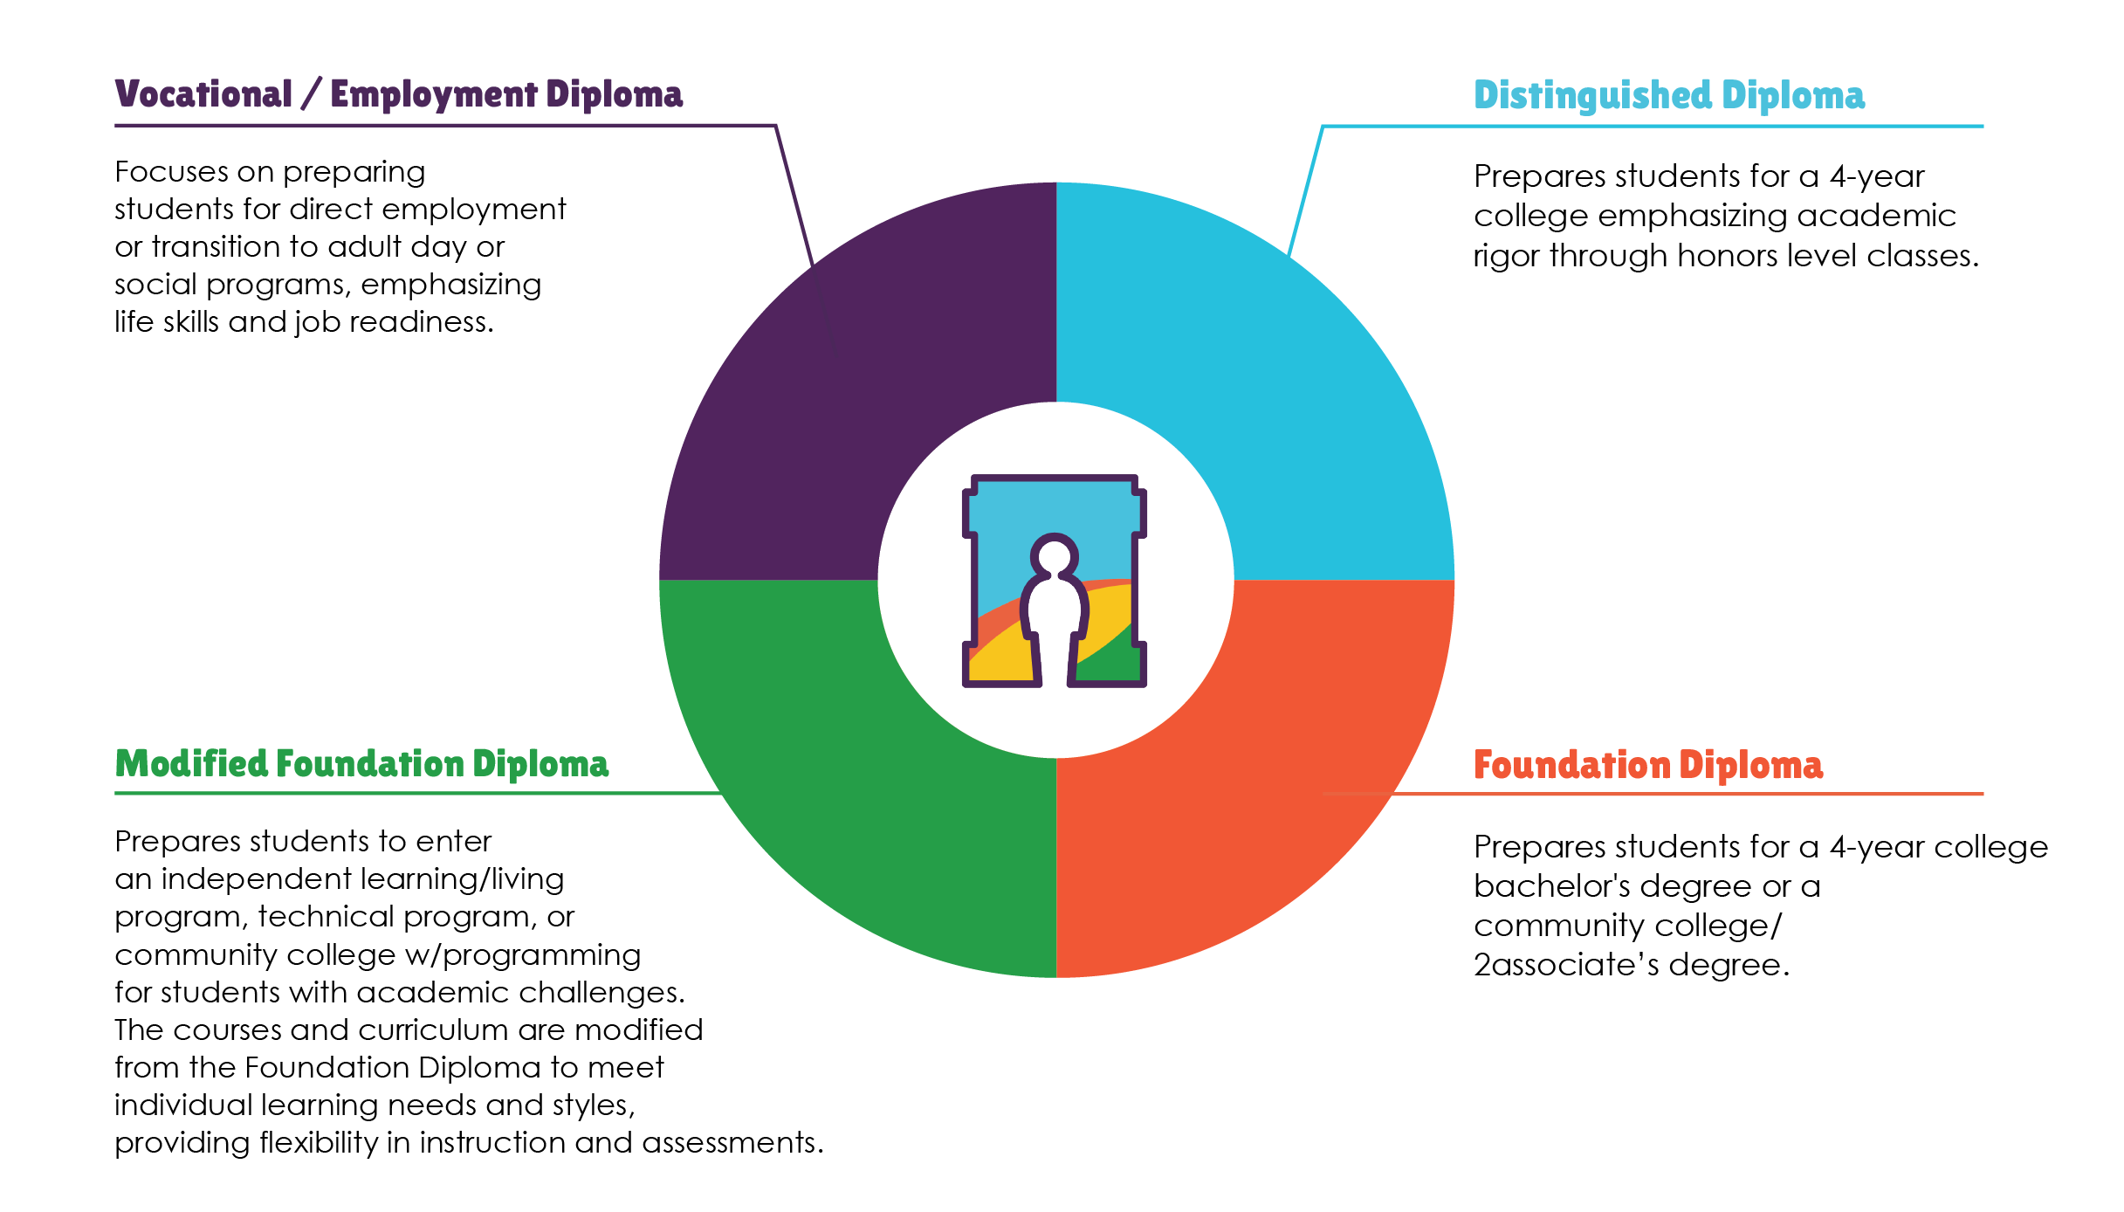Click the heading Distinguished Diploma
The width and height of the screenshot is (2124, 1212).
(x=1668, y=95)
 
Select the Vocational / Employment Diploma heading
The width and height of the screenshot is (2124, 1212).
(x=398, y=94)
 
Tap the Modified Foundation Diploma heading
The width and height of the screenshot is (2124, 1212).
(x=361, y=764)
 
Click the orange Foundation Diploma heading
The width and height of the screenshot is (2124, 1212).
(x=1647, y=765)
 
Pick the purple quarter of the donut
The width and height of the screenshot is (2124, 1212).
(x=838, y=393)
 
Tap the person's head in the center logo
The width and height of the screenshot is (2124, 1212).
(x=1055, y=554)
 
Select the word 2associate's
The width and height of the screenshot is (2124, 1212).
(x=1566, y=965)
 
